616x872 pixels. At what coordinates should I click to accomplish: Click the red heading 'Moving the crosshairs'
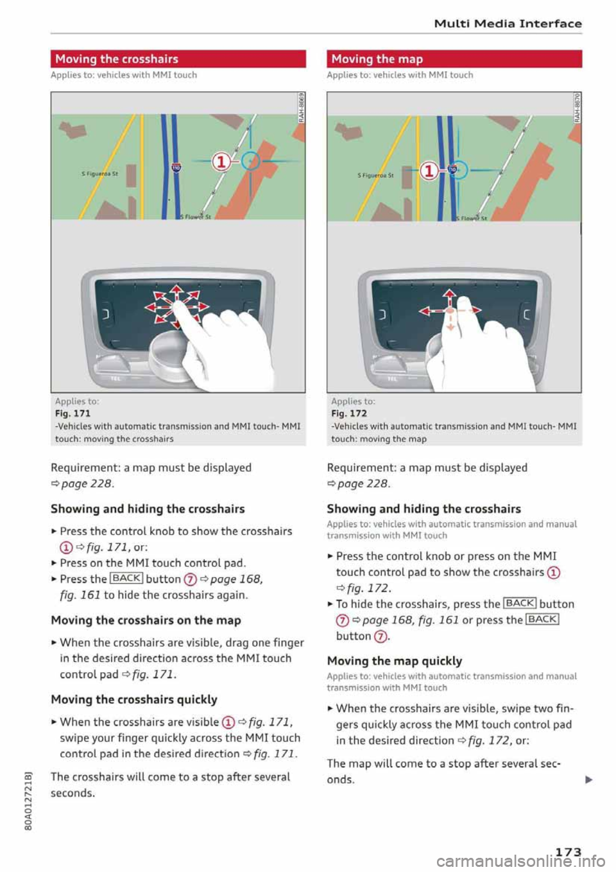(117, 59)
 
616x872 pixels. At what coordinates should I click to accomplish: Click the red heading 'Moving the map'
(377, 59)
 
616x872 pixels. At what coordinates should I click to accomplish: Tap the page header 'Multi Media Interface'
(508, 24)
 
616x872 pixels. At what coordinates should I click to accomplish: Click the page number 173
(567, 851)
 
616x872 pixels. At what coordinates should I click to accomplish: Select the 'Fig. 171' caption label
(73, 414)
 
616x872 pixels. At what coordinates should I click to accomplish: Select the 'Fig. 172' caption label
(349, 414)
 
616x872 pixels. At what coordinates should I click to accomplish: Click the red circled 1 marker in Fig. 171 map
(221, 161)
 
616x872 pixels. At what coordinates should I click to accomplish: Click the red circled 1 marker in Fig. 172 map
(429, 171)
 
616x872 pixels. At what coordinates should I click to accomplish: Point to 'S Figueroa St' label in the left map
(99, 173)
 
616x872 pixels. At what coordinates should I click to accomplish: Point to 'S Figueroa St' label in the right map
(375, 175)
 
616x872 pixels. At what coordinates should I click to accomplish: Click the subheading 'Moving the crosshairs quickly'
(133, 699)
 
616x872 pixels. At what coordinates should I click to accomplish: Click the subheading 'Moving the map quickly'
(394, 661)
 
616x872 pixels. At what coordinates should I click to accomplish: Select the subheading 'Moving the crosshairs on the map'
(146, 620)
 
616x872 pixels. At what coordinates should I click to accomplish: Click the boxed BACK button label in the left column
(126, 579)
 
